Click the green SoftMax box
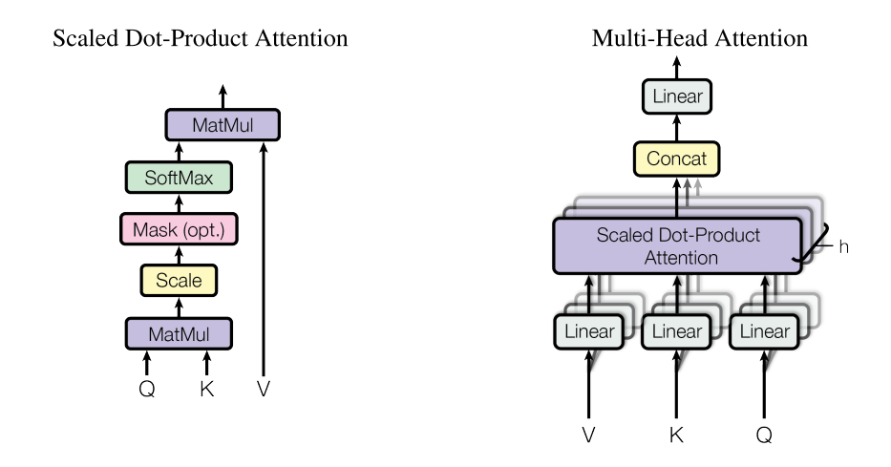tap(179, 178)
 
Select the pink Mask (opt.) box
tap(179, 229)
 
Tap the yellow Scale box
tap(179, 280)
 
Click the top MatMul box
tap(223, 124)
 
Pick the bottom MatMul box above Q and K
tap(179, 333)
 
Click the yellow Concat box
tap(676, 159)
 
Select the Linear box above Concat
tap(677, 96)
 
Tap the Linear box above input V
tap(588, 331)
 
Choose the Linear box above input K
tap(676, 331)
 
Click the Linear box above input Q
tap(764, 331)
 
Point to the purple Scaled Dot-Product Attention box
tap(677, 246)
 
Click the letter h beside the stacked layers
tap(844, 247)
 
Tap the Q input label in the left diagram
tap(147, 390)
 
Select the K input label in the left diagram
tap(207, 389)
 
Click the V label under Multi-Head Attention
tap(588, 435)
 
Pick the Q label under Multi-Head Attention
tap(764, 435)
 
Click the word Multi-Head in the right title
tap(650, 38)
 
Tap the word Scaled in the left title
tap(86, 38)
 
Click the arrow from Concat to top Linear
tap(676, 128)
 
